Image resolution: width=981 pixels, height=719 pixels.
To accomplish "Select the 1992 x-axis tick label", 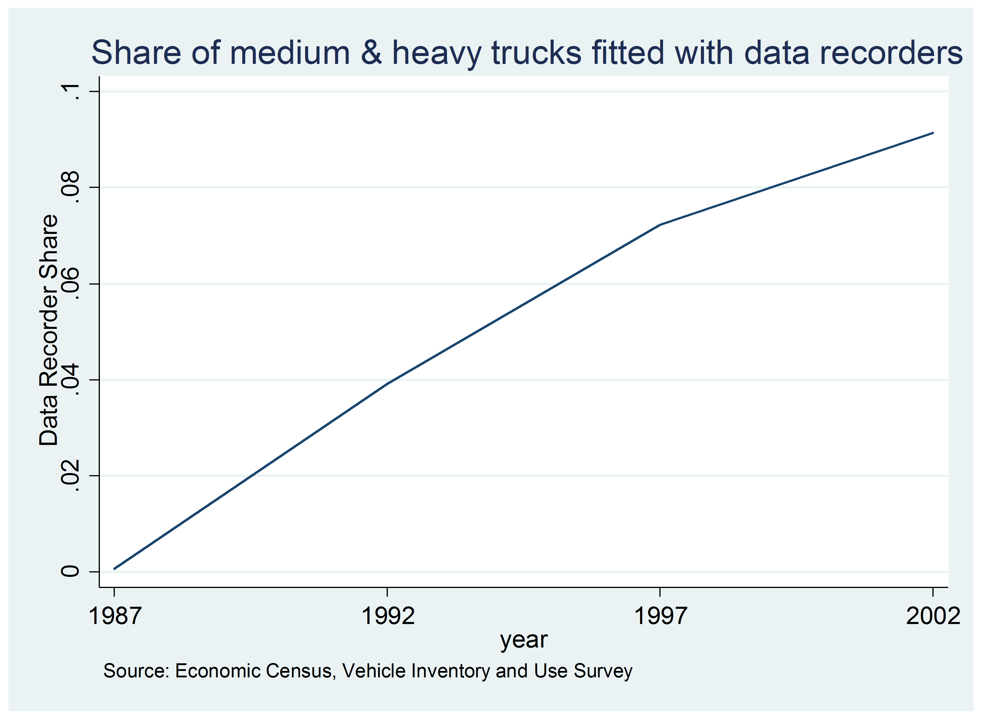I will coord(388,616).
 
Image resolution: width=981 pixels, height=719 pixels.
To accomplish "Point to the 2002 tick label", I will coord(932,616).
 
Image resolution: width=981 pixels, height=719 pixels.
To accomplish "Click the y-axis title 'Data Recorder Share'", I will coord(49,331).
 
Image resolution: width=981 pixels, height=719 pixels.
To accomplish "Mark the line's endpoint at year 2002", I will coord(932,133).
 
